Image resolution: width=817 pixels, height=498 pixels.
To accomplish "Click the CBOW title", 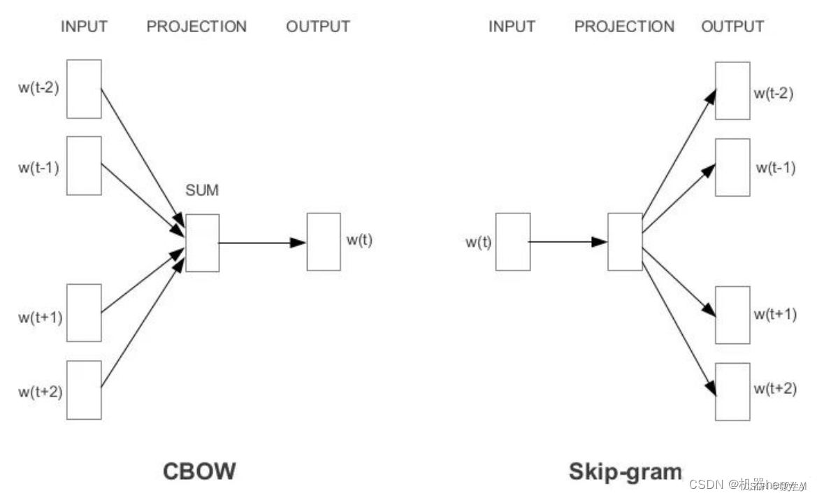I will pyautogui.click(x=199, y=471).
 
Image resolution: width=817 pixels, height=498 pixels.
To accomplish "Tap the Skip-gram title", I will pyautogui.click(x=625, y=471).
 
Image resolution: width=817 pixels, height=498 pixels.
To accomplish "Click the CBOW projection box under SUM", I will pyautogui.click(x=202, y=243).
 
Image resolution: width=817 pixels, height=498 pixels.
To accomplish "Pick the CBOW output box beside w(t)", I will pyautogui.click(x=324, y=242).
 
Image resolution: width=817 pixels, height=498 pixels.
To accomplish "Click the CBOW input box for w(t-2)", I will pyautogui.click(x=84, y=89).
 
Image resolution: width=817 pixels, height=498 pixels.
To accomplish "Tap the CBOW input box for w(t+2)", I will pyautogui.click(x=84, y=390).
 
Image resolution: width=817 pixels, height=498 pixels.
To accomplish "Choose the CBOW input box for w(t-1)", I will pyautogui.click(x=84, y=165).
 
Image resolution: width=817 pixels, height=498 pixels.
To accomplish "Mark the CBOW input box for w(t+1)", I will pyautogui.click(x=84, y=313).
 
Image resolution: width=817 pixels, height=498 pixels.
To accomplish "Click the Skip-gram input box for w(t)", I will pyautogui.click(x=513, y=242).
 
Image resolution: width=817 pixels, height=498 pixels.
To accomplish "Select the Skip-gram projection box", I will pyautogui.click(x=625, y=242).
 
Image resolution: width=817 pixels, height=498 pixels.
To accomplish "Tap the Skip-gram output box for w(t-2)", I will pyautogui.click(x=732, y=91).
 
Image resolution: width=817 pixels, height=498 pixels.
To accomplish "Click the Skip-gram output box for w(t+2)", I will pyautogui.click(x=732, y=392).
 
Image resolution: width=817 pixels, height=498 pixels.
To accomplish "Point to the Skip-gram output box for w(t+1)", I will pyautogui.click(x=732, y=315).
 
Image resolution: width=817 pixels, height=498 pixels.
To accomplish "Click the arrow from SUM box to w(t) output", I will pyautogui.click(x=262, y=243).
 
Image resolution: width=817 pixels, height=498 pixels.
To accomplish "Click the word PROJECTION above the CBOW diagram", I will pyautogui.click(x=196, y=27).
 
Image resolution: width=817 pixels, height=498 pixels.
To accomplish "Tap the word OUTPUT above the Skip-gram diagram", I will pyautogui.click(x=732, y=27).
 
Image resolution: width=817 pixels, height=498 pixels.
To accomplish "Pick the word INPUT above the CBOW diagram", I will pyautogui.click(x=84, y=27).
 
